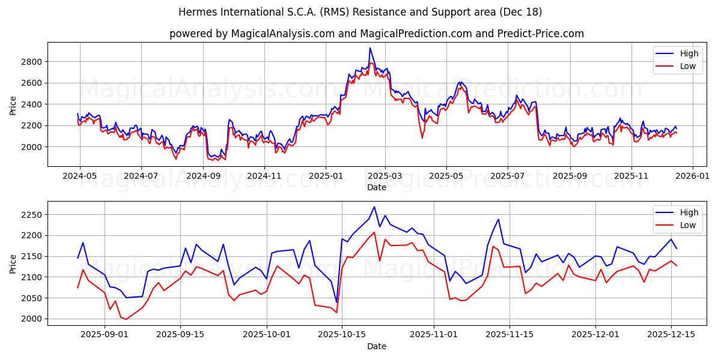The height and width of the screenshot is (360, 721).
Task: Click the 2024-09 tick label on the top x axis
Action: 203,176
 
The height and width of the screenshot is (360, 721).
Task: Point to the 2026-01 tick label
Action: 692,176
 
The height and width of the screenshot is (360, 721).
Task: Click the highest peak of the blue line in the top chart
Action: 370,48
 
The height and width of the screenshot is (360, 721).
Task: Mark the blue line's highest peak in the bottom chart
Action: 374,207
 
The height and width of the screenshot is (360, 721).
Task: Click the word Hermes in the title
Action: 196,12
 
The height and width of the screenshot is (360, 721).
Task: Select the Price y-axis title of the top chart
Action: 13,104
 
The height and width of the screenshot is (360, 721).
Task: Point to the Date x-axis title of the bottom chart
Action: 377,347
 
